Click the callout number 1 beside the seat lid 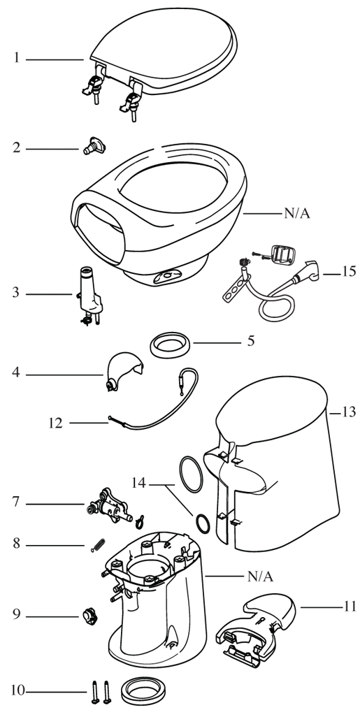(17, 59)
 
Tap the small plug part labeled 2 (94, 145)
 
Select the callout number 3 (17, 293)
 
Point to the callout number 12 (57, 423)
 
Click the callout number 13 (349, 412)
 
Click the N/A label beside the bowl (298, 214)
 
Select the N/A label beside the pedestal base (260, 577)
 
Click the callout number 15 (348, 271)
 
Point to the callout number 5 (251, 342)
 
